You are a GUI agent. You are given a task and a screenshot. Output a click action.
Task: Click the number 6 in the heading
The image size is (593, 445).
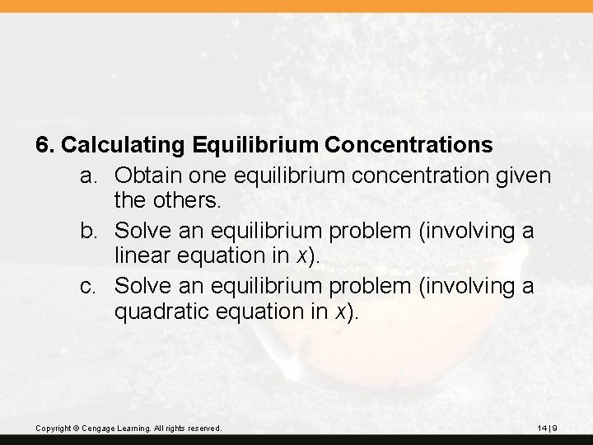pyautogui.click(x=44, y=145)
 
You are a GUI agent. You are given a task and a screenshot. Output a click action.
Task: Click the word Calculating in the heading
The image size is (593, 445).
pyautogui.click(x=124, y=145)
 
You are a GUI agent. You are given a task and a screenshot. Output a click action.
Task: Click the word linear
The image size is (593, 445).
pyautogui.click(x=145, y=255)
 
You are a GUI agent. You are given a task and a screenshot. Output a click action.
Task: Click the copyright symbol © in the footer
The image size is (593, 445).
pyautogui.click(x=84, y=429)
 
